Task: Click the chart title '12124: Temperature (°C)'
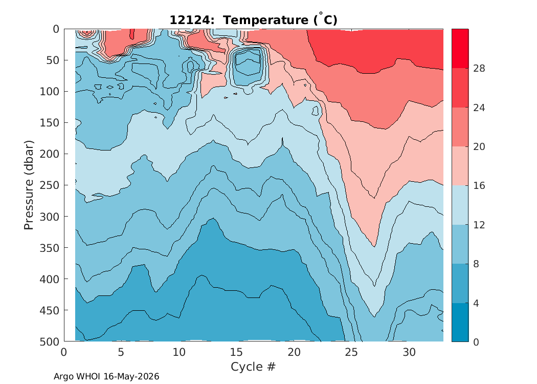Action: click(x=254, y=19)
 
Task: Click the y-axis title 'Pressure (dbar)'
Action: click(x=29, y=185)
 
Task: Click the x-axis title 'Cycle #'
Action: click(x=253, y=367)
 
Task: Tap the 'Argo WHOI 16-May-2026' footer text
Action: click(x=106, y=376)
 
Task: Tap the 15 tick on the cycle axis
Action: click(x=236, y=352)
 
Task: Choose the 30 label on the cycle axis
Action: click(x=409, y=352)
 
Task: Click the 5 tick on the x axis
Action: click(x=121, y=352)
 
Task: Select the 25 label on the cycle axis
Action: click(x=351, y=352)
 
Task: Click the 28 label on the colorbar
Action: click(x=479, y=68)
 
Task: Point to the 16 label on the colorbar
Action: click(x=479, y=185)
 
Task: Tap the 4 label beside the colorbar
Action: click(x=476, y=303)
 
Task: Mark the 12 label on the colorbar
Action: click(x=479, y=225)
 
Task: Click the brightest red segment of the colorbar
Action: click(x=460, y=49)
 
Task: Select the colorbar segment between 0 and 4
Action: click(x=460, y=322)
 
